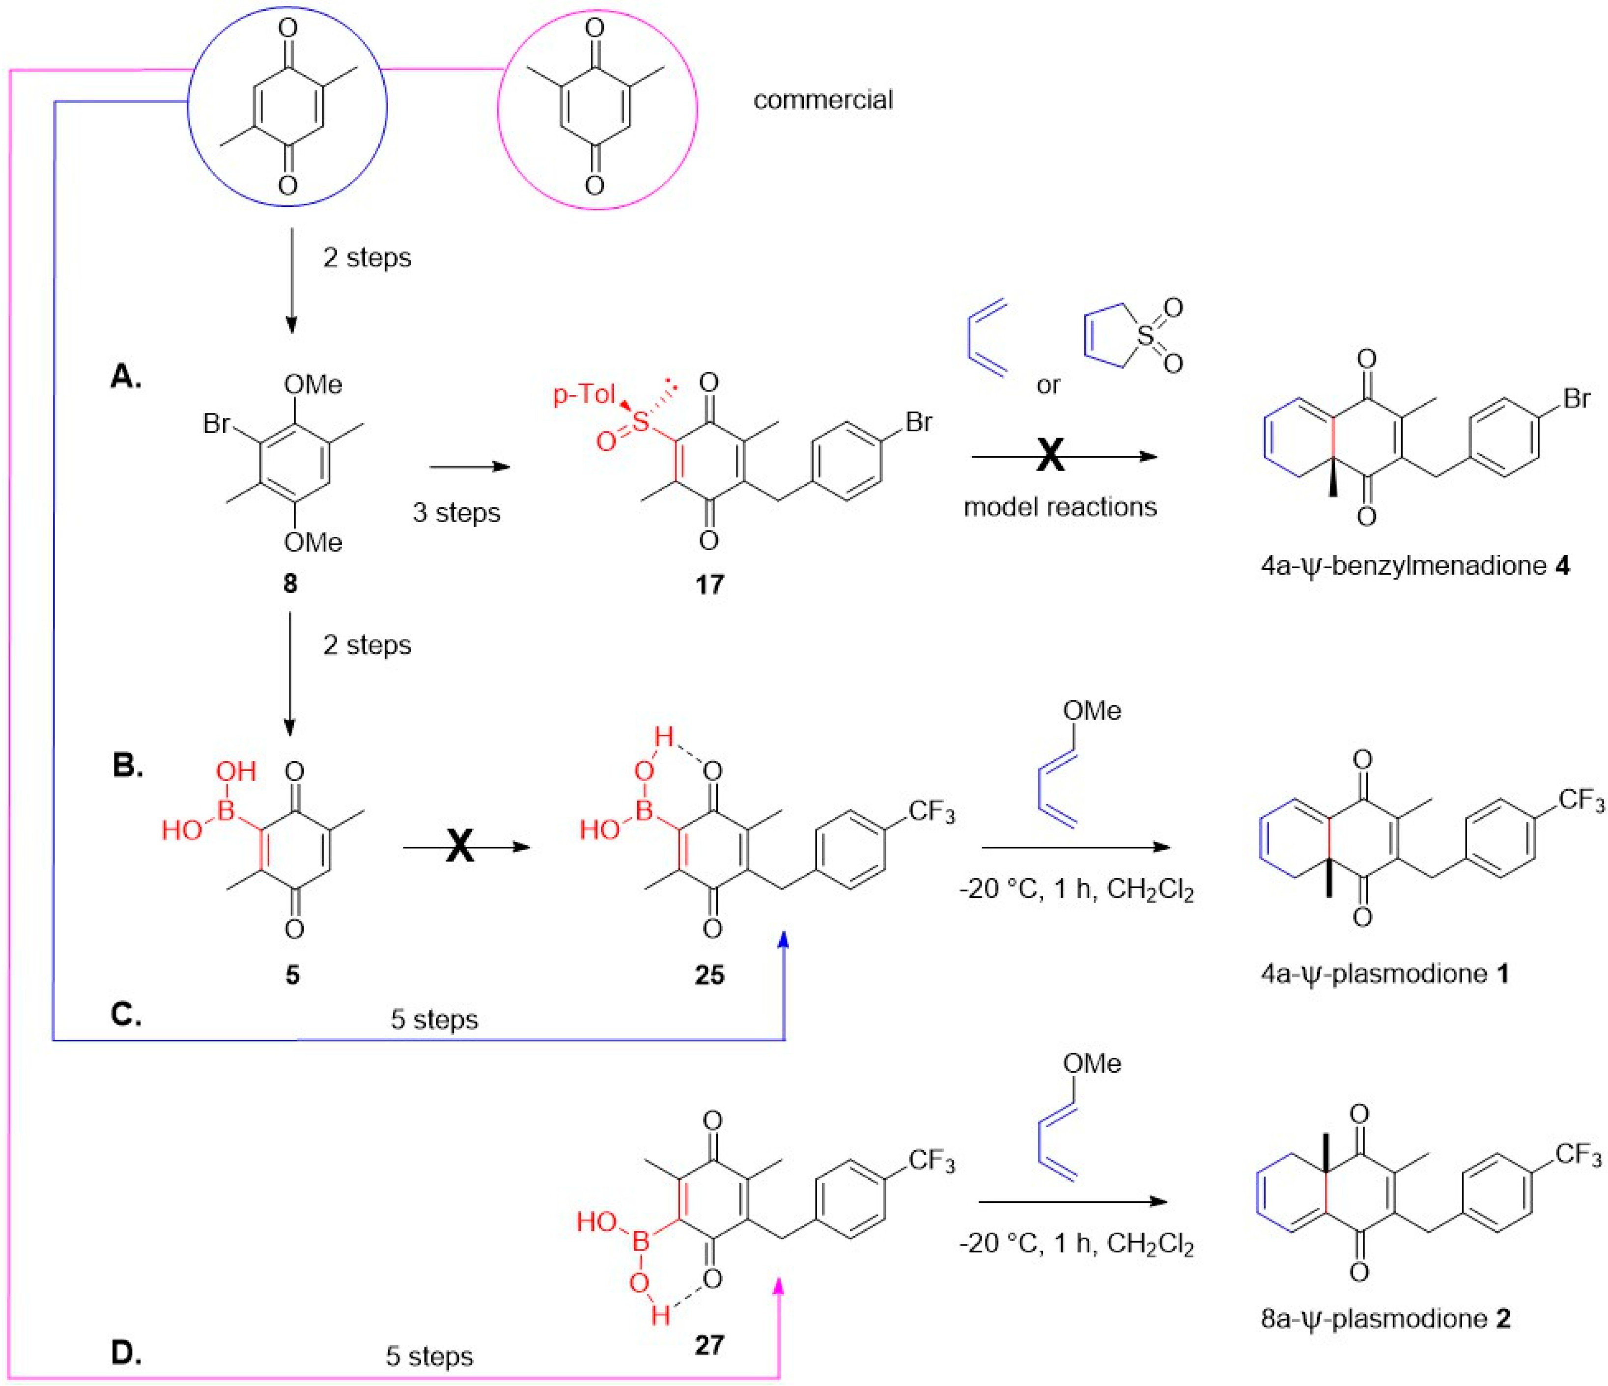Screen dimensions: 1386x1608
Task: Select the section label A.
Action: (x=126, y=378)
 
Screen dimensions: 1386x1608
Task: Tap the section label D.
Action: (x=126, y=1353)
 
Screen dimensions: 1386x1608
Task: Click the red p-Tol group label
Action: (x=584, y=395)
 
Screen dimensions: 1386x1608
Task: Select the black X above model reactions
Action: (x=1050, y=456)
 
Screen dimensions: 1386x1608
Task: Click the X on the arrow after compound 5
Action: (x=459, y=847)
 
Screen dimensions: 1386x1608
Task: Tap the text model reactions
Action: (x=1060, y=507)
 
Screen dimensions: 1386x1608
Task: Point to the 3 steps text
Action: (x=456, y=512)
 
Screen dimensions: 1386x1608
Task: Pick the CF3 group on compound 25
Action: (x=931, y=812)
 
